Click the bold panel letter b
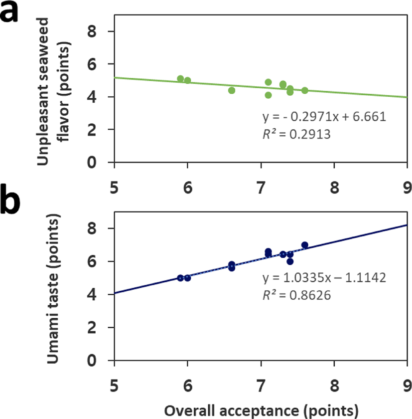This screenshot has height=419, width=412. coord(15,204)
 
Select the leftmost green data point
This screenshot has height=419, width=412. coord(180,79)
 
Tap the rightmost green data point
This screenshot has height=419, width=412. coord(304,90)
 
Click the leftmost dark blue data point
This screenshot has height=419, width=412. coord(180,278)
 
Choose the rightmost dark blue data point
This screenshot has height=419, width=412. coord(304,245)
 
